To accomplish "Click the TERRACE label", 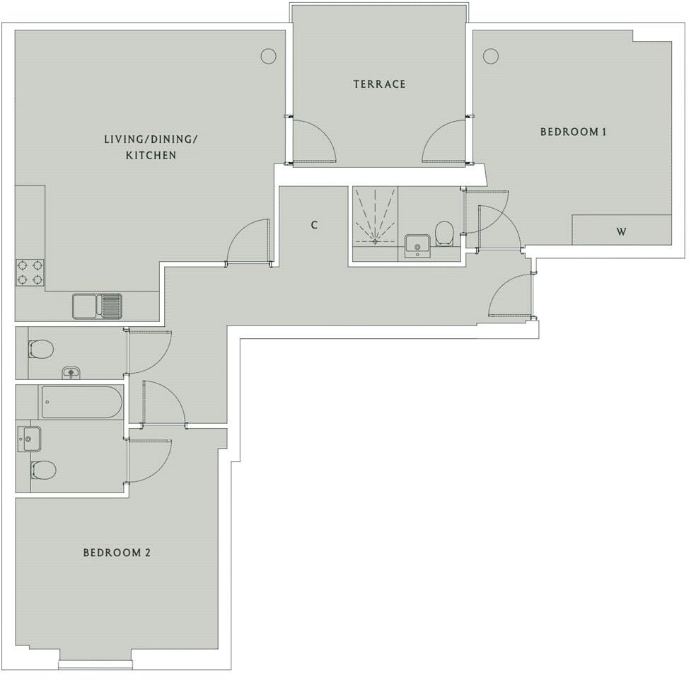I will click(x=380, y=84).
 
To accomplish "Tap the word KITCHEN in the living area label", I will click(x=151, y=155).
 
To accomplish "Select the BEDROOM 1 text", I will click(x=574, y=132).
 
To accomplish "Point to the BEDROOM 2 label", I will click(x=117, y=553).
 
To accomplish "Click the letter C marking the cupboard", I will click(x=314, y=225).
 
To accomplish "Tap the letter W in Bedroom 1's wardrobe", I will click(x=621, y=231).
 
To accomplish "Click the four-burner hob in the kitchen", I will click(x=31, y=272).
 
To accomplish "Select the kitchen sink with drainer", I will click(x=98, y=306).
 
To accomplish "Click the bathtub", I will click(x=81, y=402).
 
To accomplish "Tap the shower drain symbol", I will click(x=374, y=241).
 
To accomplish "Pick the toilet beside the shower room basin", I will click(x=444, y=233).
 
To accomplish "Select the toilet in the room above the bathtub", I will click(x=41, y=349).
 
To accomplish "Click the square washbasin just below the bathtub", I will click(x=30, y=439).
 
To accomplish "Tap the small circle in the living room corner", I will click(x=267, y=56).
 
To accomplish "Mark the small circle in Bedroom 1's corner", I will click(x=490, y=56).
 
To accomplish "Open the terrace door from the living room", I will click(x=315, y=142).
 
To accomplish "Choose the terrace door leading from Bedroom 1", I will click(x=443, y=142).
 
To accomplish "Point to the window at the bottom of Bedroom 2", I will click(x=95, y=664).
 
